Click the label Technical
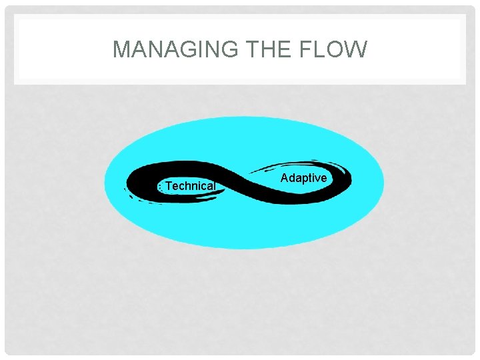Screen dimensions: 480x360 coord(190,186)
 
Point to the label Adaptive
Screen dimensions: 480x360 coord(304,178)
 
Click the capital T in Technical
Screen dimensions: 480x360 coord(169,186)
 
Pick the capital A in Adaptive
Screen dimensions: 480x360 coord(285,178)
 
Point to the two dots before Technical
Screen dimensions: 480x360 coord(160,187)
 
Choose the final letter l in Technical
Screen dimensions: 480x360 coord(214,186)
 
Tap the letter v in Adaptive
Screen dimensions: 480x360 coord(317,179)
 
